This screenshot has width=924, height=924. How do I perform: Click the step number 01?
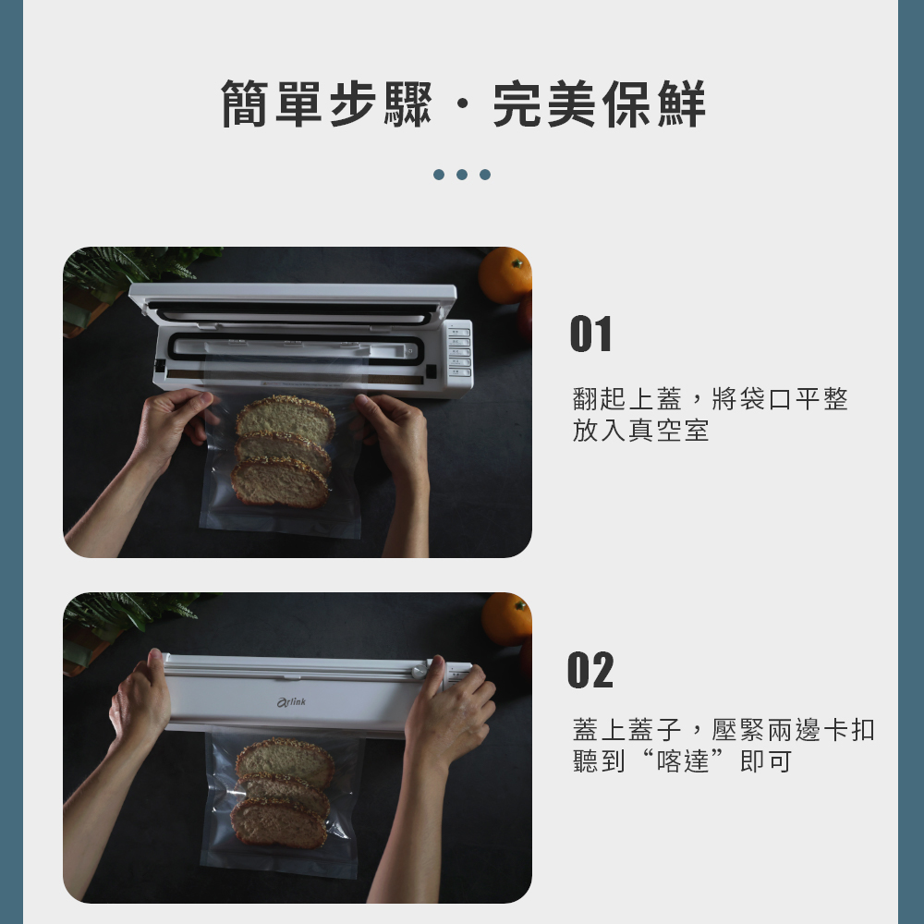590,334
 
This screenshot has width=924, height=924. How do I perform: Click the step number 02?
590,670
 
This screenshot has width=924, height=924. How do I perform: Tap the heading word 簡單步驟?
326,104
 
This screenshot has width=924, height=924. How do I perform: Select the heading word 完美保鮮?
600,104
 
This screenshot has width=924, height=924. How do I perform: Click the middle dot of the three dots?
462,175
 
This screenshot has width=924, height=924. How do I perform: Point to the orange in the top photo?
505,274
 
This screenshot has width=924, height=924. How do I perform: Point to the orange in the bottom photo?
506,619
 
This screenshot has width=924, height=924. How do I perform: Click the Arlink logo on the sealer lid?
291,703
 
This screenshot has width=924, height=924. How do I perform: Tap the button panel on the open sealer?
459,352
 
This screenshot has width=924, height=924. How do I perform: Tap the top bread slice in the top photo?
285,419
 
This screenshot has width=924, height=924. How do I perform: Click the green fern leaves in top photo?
129,268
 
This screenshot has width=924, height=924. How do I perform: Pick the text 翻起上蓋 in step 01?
627,399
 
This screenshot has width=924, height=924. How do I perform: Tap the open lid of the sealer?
292,298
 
